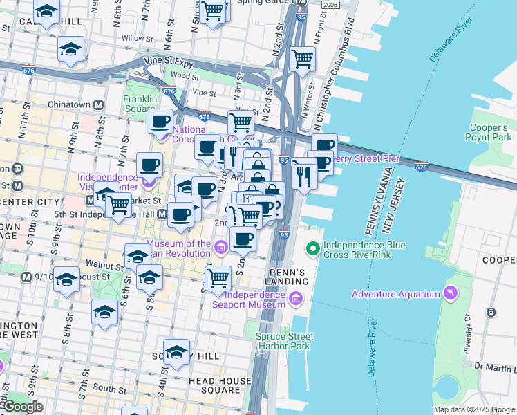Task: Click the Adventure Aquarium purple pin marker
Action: pos(451,293)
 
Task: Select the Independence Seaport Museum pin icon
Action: pos(295,299)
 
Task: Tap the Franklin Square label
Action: pos(140,104)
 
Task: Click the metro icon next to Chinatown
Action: pos(99,104)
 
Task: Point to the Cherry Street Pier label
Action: pos(366,158)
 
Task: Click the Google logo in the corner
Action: pos(22,407)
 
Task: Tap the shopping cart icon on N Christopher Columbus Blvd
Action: pos(302,59)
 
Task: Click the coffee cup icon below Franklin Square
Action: pos(160,122)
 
